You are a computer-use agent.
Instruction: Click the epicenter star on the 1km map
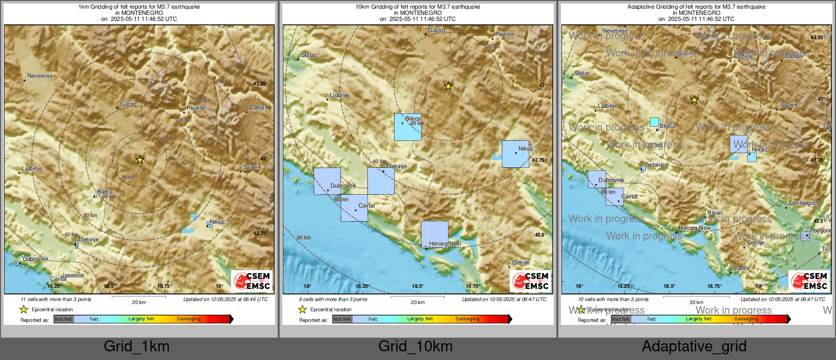[140, 160]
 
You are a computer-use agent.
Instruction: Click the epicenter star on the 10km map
[448, 86]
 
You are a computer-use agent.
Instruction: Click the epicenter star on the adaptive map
[694, 100]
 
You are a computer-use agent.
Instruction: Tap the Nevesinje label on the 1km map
[40, 76]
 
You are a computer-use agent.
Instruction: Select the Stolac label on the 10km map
[309, 55]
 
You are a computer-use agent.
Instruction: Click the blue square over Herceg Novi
[434, 234]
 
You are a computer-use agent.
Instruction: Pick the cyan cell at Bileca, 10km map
[407, 127]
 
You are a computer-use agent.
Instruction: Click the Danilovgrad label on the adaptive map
[803, 203]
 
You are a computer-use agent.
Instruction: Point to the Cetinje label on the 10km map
[521, 262]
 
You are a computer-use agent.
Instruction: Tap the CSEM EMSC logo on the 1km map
[252, 281]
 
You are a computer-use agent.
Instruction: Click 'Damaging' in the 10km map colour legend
[467, 319]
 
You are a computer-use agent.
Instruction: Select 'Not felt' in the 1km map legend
[64, 319]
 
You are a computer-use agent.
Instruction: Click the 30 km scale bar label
[696, 302]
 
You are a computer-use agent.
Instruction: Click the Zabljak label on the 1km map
[258, 107]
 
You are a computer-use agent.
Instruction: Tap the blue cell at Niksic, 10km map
[515, 154]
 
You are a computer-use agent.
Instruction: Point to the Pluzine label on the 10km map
[504, 34]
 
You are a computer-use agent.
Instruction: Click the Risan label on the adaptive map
[714, 213]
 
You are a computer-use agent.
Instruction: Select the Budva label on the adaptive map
[741, 268]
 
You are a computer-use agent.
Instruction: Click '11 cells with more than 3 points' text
[56, 299]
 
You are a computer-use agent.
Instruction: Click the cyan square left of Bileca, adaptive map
[654, 122]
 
